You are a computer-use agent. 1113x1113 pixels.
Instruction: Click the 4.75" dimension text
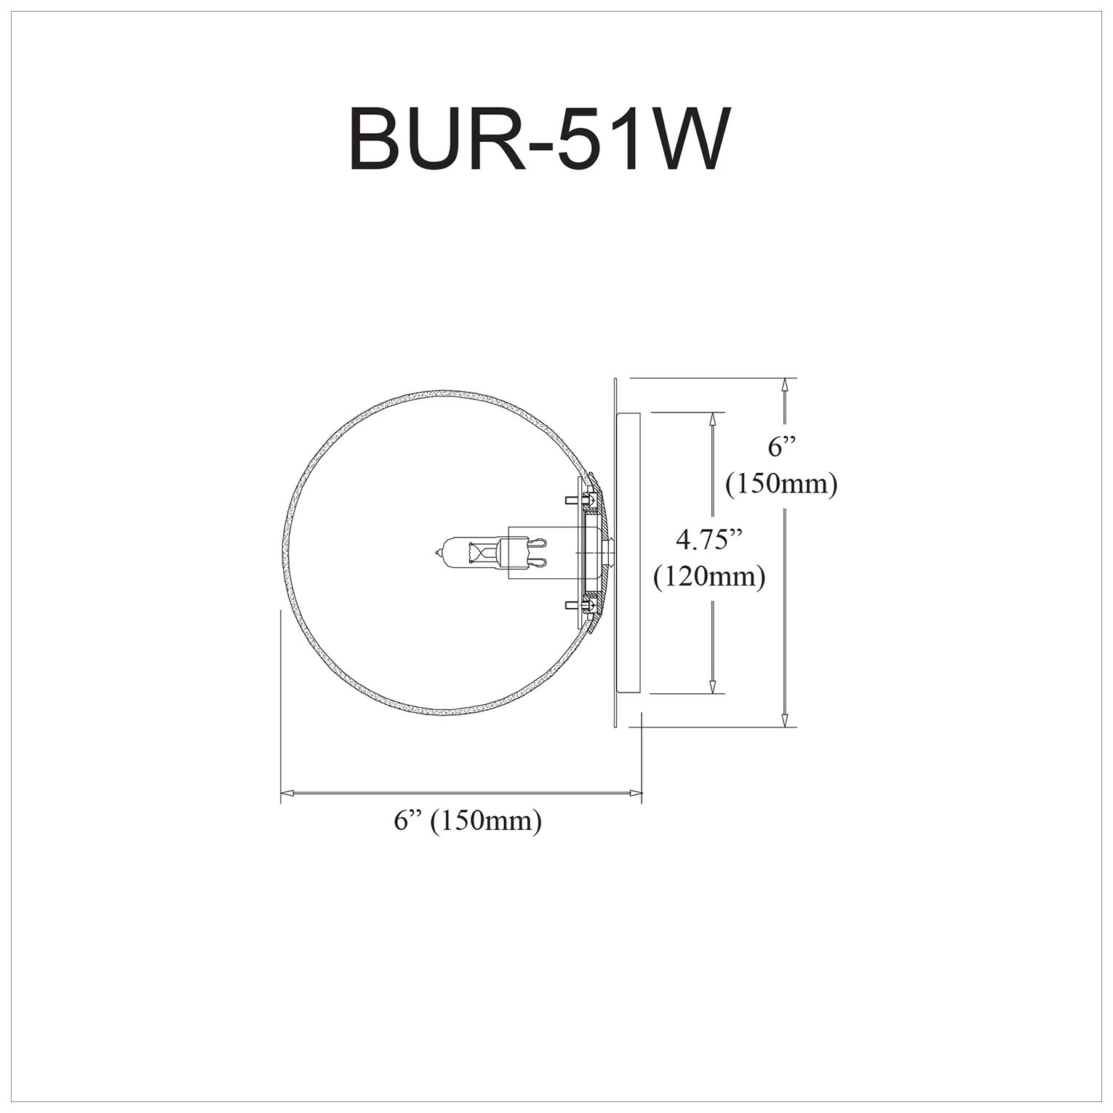pos(709,540)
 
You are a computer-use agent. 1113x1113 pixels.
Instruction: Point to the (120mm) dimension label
pos(709,577)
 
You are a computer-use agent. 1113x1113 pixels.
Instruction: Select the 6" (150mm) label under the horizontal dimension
pos(468,821)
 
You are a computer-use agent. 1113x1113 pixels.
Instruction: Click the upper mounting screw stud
pos(575,500)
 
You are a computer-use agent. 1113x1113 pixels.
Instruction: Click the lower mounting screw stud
pos(575,605)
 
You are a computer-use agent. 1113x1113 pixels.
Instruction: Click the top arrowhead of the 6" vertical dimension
pos(785,386)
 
